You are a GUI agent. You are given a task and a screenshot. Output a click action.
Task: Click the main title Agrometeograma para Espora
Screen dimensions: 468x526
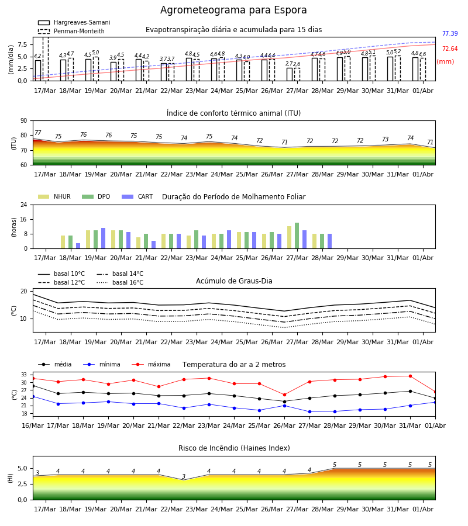pyautogui.click(x=233, y=10)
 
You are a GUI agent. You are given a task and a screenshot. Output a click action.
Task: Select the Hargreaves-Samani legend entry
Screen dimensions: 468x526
pyautogui.click(x=74, y=22)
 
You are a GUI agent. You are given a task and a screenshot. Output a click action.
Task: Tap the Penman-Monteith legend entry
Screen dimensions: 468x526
pyautogui.click(x=71, y=31)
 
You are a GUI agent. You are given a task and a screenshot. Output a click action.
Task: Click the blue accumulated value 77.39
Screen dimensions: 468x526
pyautogui.click(x=450, y=33)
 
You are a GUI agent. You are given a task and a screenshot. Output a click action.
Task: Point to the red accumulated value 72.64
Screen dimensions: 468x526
pyautogui.click(x=450, y=49)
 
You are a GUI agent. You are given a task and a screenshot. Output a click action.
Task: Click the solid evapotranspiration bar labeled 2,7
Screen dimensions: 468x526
pyautogui.click(x=290, y=74)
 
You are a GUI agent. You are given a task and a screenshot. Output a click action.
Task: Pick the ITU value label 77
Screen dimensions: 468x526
pyautogui.click(x=38, y=133)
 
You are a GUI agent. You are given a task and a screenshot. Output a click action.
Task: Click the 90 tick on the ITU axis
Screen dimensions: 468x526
pyautogui.click(x=23, y=121)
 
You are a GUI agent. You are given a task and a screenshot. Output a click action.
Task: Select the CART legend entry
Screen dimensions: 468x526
pyautogui.click(x=137, y=196)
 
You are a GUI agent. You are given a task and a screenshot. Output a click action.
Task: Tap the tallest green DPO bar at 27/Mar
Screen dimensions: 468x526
pyautogui.click(x=297, y=236)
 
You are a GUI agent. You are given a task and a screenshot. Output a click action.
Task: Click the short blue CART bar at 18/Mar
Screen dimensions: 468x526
pyautogui.click(x=78, y=246)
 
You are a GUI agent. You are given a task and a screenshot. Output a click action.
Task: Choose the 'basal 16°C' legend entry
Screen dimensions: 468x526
pyautogui.click(x=120, y=282)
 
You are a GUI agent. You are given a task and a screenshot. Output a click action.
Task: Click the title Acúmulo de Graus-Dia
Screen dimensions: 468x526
pyautogui.click(x=234, y=281)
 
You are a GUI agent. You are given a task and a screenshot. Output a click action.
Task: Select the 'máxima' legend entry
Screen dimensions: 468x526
pyautogui.click(x=151, y=364)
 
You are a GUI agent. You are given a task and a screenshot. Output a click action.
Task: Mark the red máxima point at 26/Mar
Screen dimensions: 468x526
pyautogui.click(x=285, y=395)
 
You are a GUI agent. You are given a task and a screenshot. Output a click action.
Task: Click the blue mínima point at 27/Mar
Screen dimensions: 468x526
pyautogui.click(x=309, y=411)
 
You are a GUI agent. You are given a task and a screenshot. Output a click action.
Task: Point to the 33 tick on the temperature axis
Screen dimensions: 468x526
pyautogui.click(x=24, y=375)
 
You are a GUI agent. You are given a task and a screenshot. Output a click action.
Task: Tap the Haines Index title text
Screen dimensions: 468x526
pyautogui.click(x=234, y=448)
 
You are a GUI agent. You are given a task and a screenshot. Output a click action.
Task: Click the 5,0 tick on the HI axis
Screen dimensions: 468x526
pyautogui.click(x=22, y=469)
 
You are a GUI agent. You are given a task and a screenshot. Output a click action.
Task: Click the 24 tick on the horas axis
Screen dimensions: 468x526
pyautogui.click(x=23, y=205)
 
